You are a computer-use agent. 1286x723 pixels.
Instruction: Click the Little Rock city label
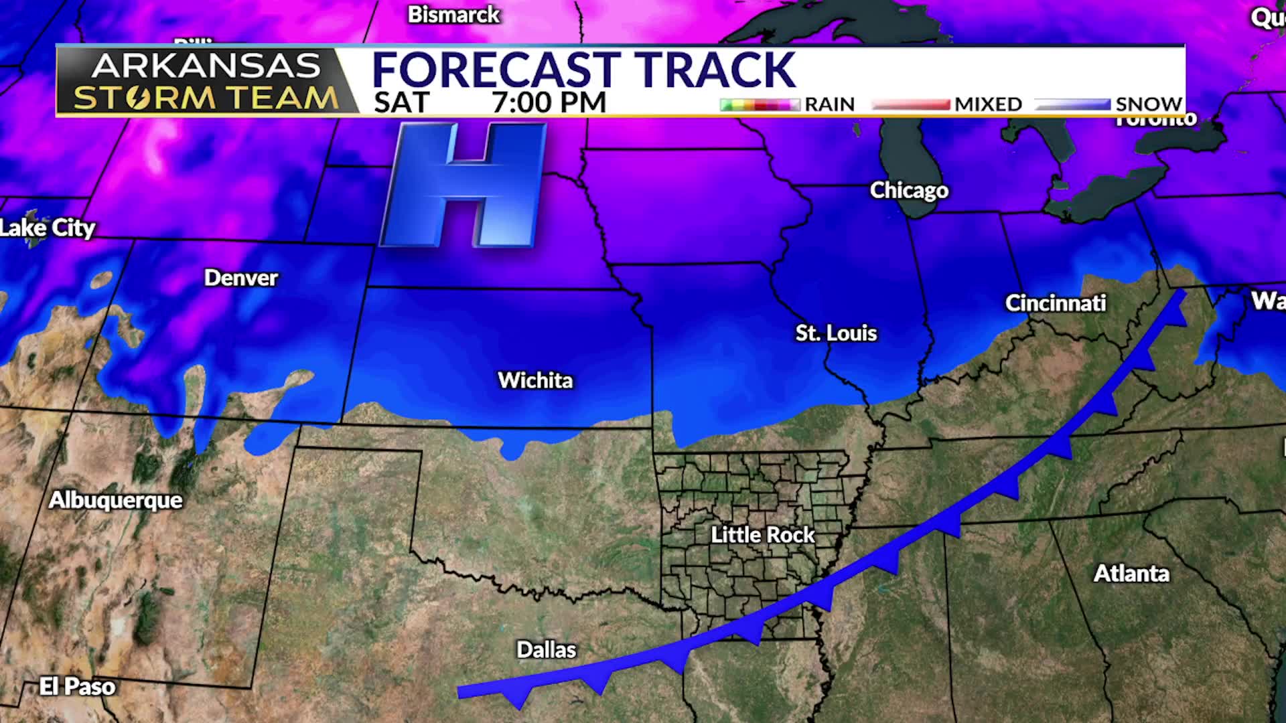(x=762, y=534)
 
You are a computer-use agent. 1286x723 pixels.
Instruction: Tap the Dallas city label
(x=546, y=649)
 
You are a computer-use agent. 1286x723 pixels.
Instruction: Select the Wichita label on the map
(x=535, y=380)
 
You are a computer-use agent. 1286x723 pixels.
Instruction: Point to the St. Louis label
(x=836, y=333)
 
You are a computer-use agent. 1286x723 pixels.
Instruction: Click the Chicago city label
(x=909, y=190)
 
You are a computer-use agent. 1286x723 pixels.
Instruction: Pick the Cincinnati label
(x=1055, y=303)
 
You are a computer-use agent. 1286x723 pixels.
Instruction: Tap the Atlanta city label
(x=1131, y=573)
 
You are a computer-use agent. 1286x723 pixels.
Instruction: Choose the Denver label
(x=240, y=278)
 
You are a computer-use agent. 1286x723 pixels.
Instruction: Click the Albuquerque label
(x=115, y=500)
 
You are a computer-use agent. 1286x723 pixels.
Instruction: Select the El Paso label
(x=77, y=686)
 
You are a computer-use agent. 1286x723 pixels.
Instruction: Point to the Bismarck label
(x=453, y=14)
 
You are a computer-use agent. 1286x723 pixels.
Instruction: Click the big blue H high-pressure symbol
(x=463, y=185)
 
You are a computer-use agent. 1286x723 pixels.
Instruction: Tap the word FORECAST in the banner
(x=496, y=70)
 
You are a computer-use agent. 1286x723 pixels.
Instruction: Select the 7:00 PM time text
(x=549, y=102)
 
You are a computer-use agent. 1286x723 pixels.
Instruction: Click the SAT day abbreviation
(x=401, y=102)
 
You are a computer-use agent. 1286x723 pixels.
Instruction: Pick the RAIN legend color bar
(x=760, y=104)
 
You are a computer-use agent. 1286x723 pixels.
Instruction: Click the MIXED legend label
(x=988, y=104)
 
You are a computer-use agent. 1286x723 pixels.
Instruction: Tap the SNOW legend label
(x=1148, y=104)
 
